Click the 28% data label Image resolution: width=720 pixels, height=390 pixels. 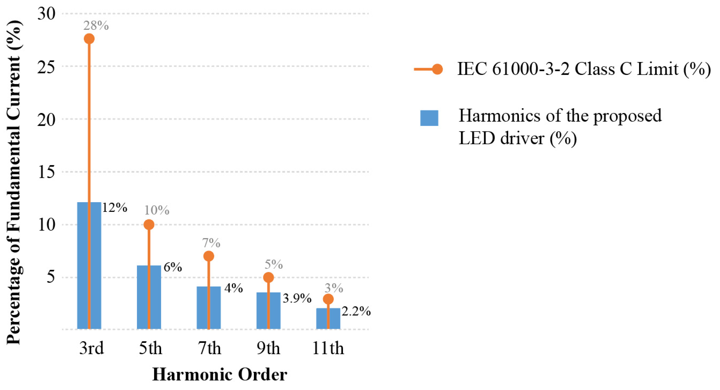point(96,26)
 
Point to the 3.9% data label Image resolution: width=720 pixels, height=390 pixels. point(297,298)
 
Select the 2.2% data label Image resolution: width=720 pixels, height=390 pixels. point(356,311)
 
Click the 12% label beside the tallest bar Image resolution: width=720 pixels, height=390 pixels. point(115,208)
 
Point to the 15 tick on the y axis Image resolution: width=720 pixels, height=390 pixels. point(46,172)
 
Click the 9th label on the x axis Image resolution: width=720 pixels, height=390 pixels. point(268,348)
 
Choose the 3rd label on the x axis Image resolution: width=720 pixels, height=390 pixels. point(91,348)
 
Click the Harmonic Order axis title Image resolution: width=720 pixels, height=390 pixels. point(220,374)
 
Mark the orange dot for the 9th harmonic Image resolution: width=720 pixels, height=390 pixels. point(268,277)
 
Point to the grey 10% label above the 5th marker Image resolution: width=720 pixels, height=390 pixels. point(156,210)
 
